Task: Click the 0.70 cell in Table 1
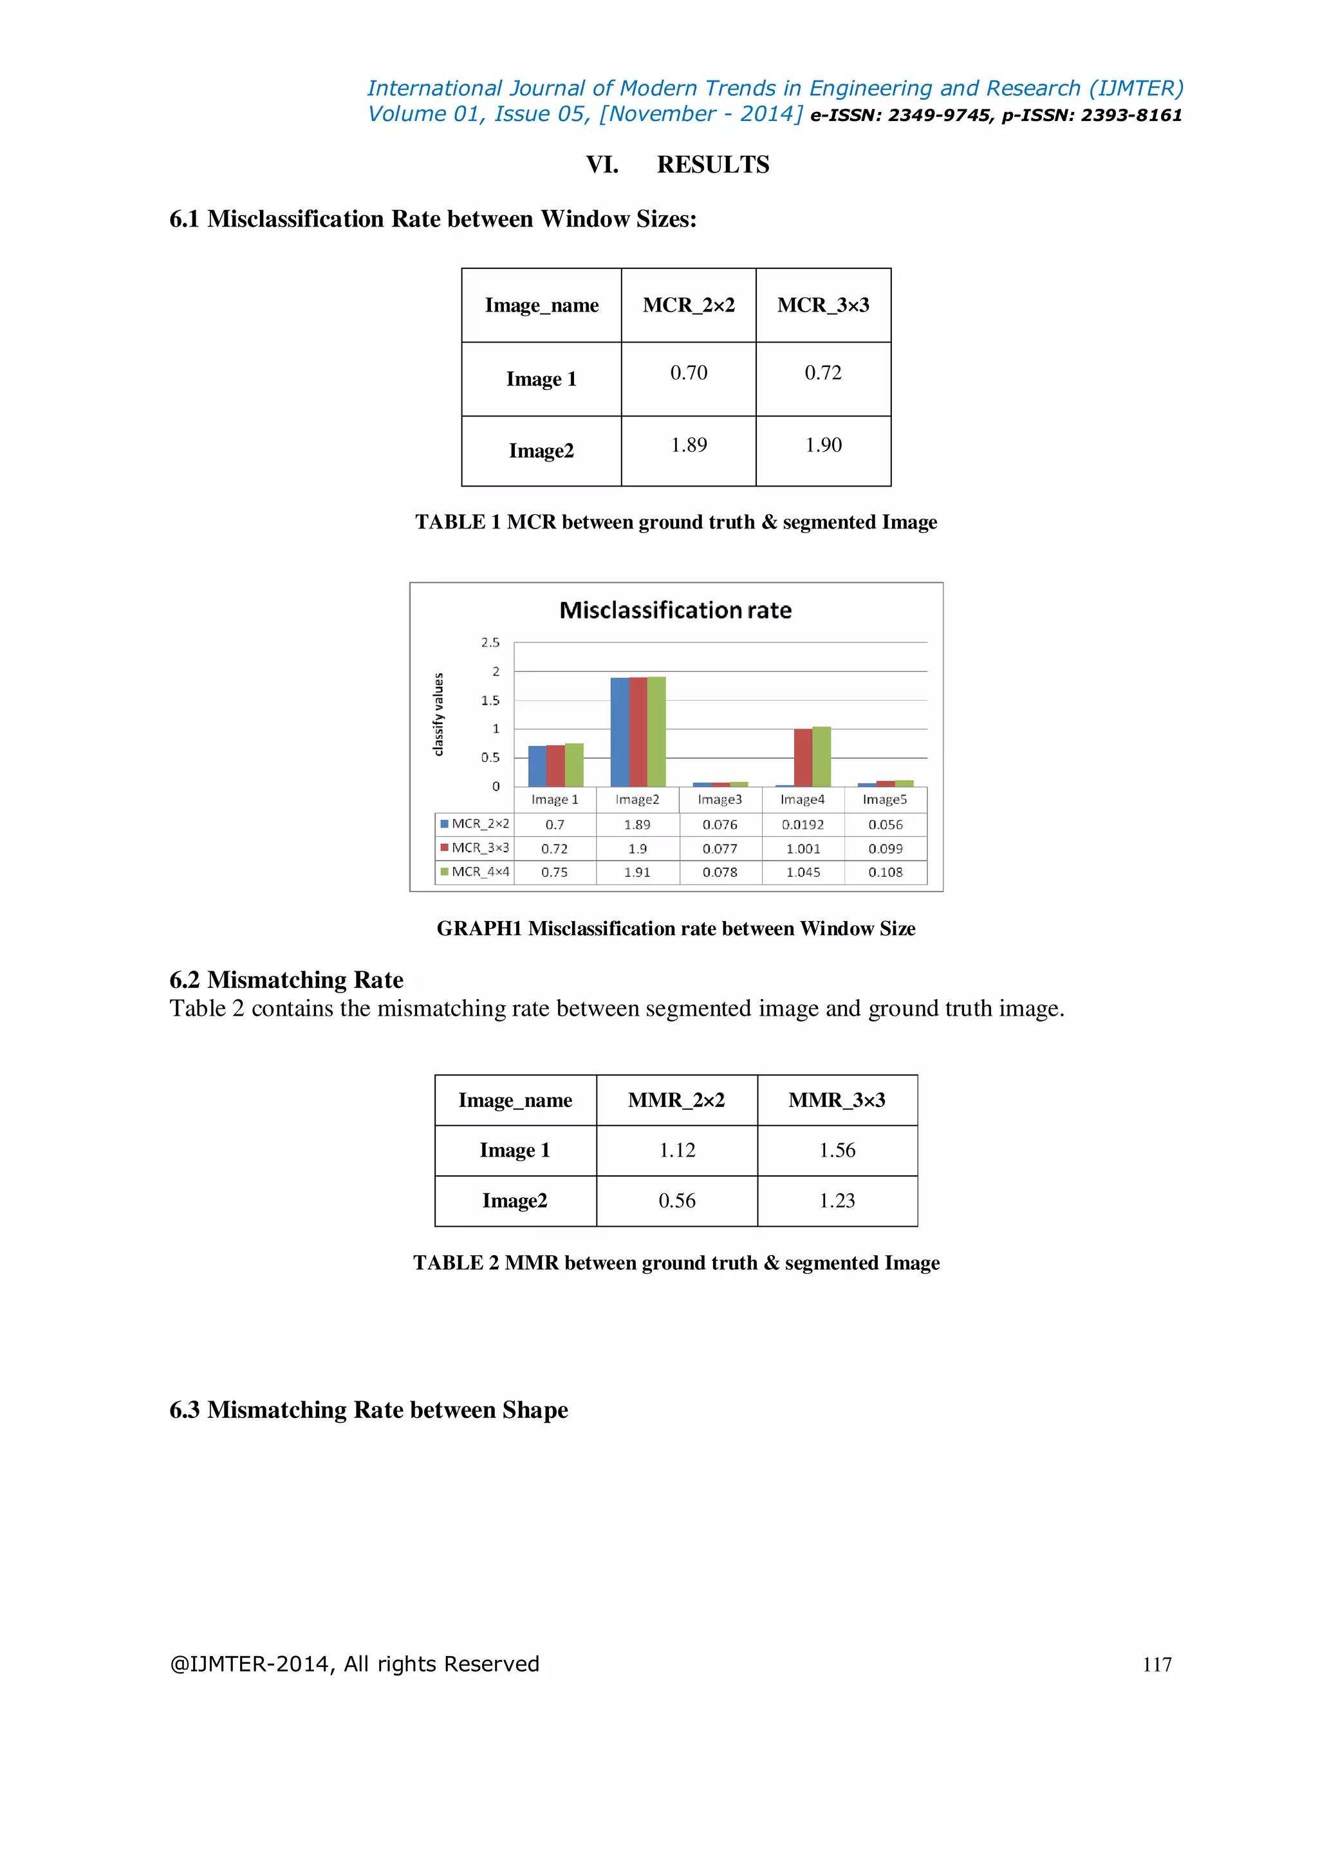688,373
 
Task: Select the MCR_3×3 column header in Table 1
823,305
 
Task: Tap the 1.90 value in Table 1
823,445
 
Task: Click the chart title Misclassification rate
675,611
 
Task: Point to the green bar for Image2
656,731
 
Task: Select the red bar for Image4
803,758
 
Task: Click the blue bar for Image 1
537,767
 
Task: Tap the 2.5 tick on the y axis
490,642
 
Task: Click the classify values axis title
439,714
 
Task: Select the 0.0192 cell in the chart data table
803,825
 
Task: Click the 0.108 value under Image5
886,872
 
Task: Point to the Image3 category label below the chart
720,799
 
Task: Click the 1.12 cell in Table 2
677,1150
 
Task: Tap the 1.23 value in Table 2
837,1200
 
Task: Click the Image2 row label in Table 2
515,1200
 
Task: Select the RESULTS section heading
712,165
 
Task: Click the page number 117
1156,1665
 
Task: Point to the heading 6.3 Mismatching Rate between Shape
369,1410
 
